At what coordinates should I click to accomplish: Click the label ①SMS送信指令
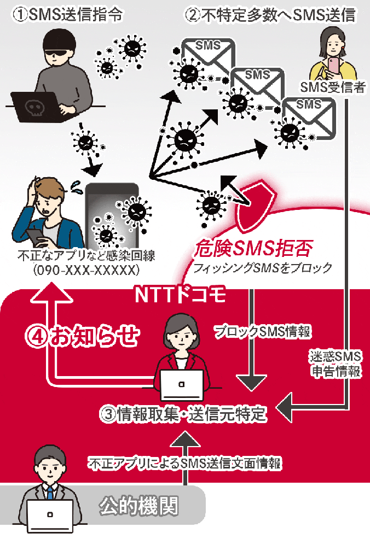point(67,15)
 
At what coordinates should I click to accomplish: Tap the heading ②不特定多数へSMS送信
point(271,15)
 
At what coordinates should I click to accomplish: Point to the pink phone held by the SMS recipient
point(333,64)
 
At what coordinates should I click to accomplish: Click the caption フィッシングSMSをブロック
point(259,268)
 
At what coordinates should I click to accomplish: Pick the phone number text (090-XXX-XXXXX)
point(86,270)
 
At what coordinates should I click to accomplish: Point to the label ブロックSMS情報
point(263,331)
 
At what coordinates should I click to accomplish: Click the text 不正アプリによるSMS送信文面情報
point(185,464)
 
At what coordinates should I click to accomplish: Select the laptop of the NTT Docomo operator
point(181,385)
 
